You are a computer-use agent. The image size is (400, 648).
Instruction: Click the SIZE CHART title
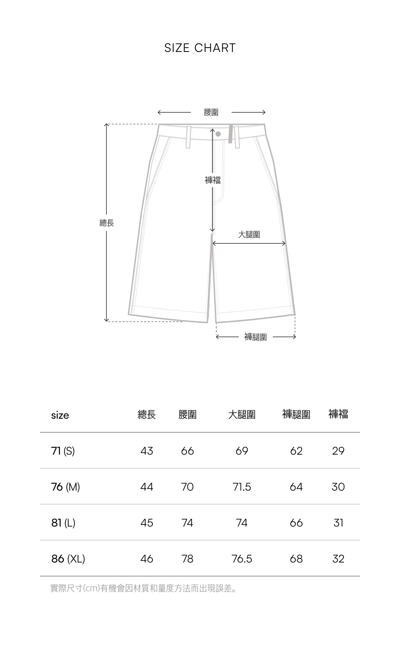pos(200,48)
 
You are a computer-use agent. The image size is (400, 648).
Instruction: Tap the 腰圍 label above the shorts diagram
pos(211,113)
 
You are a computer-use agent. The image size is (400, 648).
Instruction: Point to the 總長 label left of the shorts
pos(107,223)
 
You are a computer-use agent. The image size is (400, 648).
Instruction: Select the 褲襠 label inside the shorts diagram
pos(213,180)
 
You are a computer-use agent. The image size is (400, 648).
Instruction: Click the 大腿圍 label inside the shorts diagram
pos(249,235)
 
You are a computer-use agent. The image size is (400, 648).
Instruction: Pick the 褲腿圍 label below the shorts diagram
pos(256,337)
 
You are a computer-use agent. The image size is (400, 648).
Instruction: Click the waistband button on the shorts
pos(218,134)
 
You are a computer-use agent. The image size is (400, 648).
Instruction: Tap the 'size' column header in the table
pos(60,415)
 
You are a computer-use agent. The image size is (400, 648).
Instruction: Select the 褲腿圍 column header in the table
pos(296,415)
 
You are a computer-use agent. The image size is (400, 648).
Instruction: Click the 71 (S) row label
pos(63,451)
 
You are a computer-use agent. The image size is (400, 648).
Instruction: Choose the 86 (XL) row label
pos(68,559)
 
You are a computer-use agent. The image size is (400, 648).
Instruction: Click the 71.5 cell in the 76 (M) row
pos(242,487)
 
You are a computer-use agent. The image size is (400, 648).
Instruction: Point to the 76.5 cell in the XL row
pos(242,559)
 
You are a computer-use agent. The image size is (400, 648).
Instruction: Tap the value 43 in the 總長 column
pos(147,451)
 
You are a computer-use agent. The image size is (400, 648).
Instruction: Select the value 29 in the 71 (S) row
pos(338,451)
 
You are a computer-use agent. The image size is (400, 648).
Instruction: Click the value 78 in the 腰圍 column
pos(187,559)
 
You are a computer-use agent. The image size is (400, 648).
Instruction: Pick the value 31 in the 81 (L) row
pos(338,523)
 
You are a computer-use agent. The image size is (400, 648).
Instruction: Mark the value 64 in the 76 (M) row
pos(296,487)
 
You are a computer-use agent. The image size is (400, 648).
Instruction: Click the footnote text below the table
pos(143,588)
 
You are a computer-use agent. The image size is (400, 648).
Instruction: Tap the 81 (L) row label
pos(63,523)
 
